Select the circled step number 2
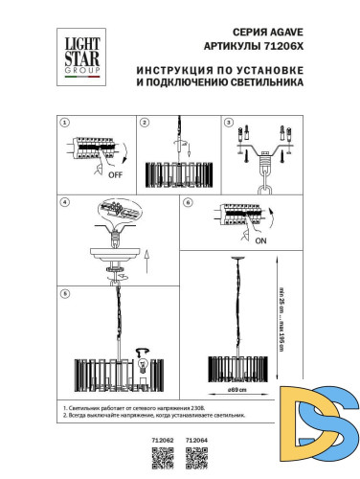tap(144, 123)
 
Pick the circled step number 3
tap(228, 123)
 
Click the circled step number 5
tap(62, 292)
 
